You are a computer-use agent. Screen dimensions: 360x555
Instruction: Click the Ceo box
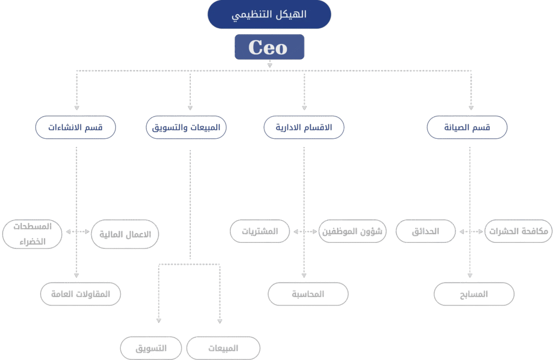tap(269, 47)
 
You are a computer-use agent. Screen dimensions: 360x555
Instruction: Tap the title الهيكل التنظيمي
tap(269, 15)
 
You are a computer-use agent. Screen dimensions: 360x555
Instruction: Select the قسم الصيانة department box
tap(467, 128)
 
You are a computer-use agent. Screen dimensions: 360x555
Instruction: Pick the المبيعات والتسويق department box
tap(186, 128)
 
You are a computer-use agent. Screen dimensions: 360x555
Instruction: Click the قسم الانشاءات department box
tap(75, 128)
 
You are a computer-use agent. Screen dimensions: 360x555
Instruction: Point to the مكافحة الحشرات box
tap(518, 231)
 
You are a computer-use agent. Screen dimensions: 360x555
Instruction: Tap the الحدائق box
tap(425, 231)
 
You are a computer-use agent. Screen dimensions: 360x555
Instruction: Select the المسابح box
tap(474, 294)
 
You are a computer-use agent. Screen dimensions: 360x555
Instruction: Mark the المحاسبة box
tap(308, 294)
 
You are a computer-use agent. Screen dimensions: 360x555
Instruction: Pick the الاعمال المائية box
tap(125, 234)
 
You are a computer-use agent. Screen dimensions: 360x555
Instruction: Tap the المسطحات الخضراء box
tap(33, 234)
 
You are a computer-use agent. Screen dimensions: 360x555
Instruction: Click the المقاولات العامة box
tap(80, 294)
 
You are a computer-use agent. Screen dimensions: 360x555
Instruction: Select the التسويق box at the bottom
tap(151, 348)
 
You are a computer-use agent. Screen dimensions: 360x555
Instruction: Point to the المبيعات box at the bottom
tap(223, 348)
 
